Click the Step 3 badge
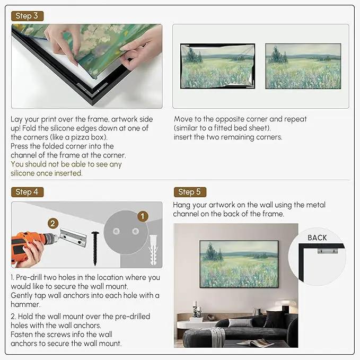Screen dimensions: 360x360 pyautogui.click(x=28, y=16)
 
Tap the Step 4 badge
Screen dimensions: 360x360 pyautogui.click(x=28, y=192)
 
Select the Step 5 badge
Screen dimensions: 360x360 pyautogui.click(x=190, y=192)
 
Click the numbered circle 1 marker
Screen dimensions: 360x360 pyautogui.click(x=143, y=216)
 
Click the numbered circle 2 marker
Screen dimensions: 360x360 pyautogui.click(x=53, y=224)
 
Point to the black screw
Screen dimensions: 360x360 pyautogui.click(x=95, y=249)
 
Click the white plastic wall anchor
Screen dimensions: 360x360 pyautogui.click(x=153, y=250)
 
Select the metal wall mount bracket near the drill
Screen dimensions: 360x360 pyautogui.click(x=73, y=238)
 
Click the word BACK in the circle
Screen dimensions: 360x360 pyautogui.click(x=317, y=238)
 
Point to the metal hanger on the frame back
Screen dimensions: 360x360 pyautogui.click(x=328, y=250)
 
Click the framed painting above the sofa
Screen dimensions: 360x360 pyautogui.click(x=239, y=264)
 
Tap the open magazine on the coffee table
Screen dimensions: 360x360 pyautogui.click(x=256, y=343)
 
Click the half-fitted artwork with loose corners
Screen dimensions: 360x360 pyautogui.click(x=217, y=66)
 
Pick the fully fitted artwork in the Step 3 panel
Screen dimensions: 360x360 pyautogui.click(x=303, y=66)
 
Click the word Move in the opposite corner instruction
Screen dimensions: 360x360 pyautogui.click(x=183, y=119)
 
